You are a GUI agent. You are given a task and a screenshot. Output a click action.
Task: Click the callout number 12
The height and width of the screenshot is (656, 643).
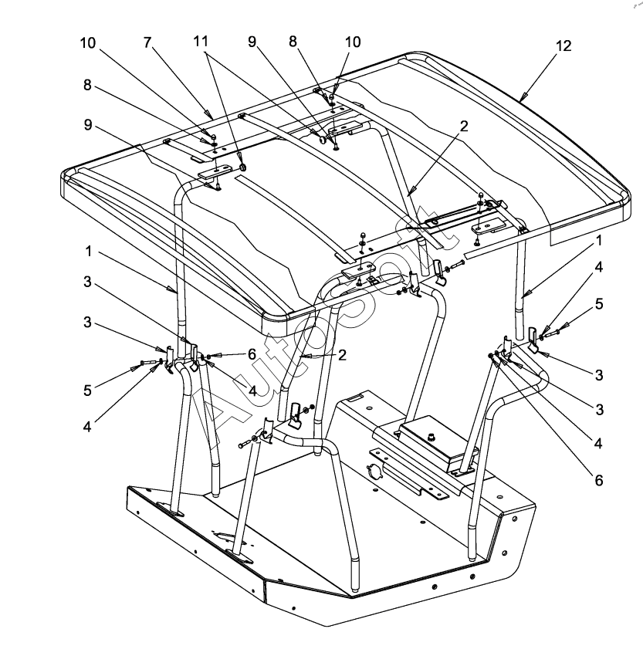pyautogui.click(x=563, y=46)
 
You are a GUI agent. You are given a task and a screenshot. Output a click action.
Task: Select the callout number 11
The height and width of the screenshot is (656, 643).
pyautogui.click(x=201, y=42)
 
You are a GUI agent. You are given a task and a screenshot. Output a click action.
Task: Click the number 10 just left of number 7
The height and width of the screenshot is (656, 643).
pyautogui.click(x=87, y=42)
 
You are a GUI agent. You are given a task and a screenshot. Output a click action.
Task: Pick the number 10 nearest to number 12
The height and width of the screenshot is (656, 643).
pyautogui.click(x=353, y=42)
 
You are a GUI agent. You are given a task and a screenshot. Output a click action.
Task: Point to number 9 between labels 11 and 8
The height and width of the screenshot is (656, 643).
pyautogui.click(x=252, y=43)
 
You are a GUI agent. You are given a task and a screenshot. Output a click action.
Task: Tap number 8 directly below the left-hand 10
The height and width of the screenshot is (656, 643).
pyautogui.click(x=87, y=86)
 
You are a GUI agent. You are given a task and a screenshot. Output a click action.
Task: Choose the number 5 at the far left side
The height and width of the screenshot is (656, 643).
pyautogui.click(x=87, y=391)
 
